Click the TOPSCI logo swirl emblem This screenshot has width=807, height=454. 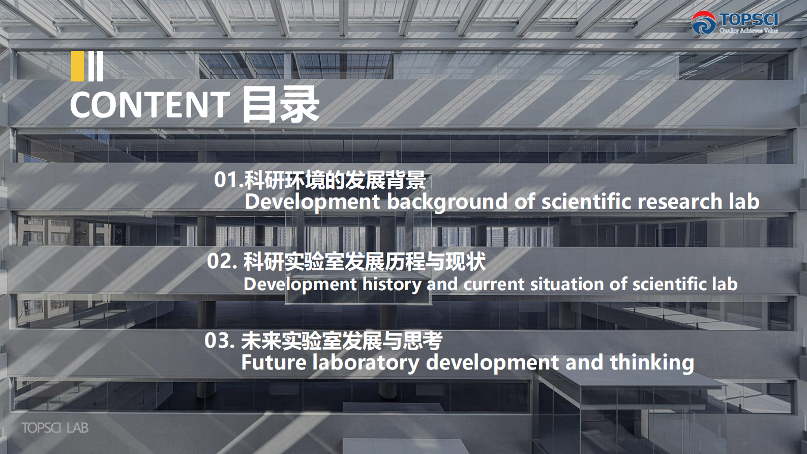[703, 23]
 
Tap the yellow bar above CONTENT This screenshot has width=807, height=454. [78, 66]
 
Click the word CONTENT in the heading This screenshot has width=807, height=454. [150, 105]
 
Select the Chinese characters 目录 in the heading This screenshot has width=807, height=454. [280, 104]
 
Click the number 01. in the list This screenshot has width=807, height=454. [228, 180]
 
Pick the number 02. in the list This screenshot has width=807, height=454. [222, 261]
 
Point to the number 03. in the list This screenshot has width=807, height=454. [219, 340]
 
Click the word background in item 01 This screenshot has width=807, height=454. [447, 202]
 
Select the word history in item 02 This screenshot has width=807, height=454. [392, 284]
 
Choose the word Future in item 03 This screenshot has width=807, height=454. [274, 363]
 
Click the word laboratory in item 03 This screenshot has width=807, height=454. [366, 363]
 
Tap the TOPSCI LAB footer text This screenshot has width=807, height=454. [55, 428]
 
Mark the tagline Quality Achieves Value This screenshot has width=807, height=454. [748, 31]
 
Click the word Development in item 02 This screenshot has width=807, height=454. [300, 284]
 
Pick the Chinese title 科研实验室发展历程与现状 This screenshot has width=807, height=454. [364, 262]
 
